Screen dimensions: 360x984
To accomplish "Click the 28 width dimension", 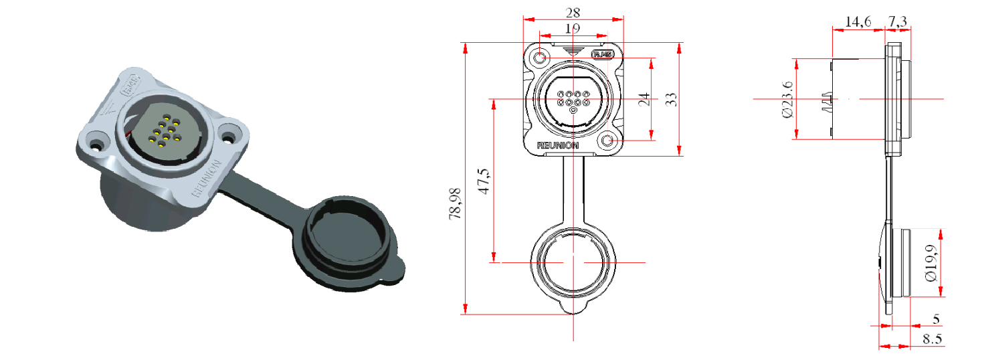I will pyautogui.click(x=573, y=12).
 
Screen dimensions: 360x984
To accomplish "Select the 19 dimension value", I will pyautogui.click(x=573, y=29).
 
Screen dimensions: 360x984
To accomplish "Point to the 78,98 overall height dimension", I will pyautogui.click(x=456, y=199).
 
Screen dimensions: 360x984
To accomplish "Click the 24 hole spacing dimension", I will pyautogui.click(x=644, y=100).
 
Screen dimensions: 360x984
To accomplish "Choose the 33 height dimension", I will pyautogui.click(x=672, y=99).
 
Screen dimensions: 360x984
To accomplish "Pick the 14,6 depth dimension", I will pyautogui.click(x=858, y=22).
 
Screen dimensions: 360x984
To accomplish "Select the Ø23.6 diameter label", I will pyautogui.click(x=787, y=100).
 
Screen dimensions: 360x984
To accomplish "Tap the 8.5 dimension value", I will pyautogui.click(x=932, y=339).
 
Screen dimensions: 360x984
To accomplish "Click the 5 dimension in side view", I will pyautogui.click(x=935, y=319).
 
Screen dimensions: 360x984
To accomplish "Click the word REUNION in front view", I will pyautogui.click(x=558, y=145).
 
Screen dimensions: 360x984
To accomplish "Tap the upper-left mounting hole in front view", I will pyautogui.click(x=539, y=59).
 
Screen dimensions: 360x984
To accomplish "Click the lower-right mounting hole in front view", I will pyautogui.click(x=608, y=141).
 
